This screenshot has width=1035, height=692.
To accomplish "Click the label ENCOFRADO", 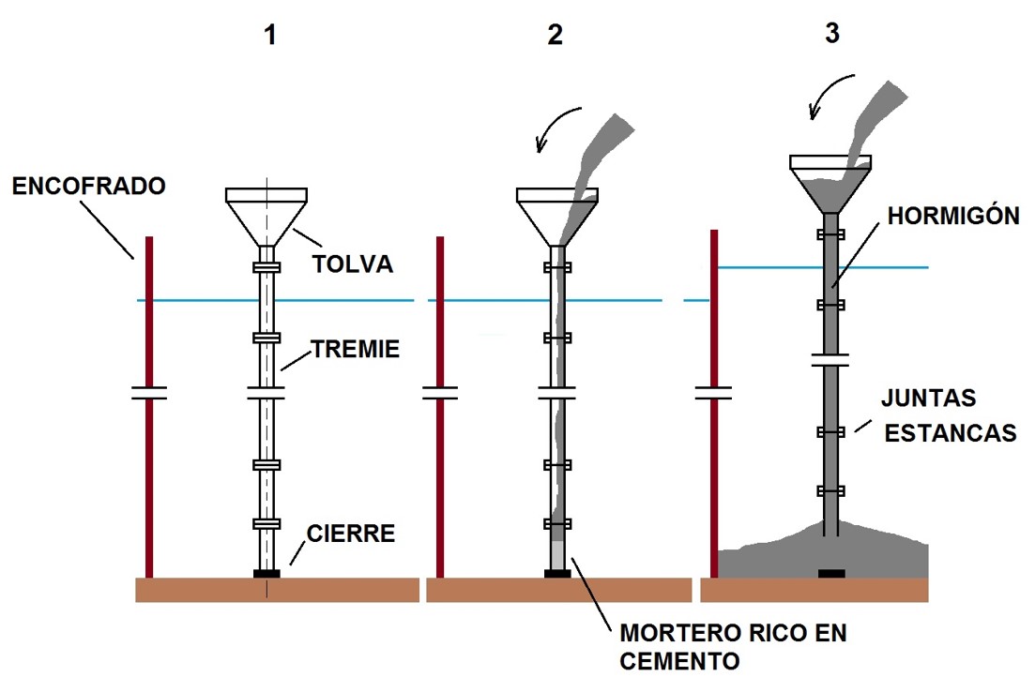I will [88, 187].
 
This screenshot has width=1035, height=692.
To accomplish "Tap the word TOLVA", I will [352, 265].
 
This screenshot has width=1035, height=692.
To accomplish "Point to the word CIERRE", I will [350, 534].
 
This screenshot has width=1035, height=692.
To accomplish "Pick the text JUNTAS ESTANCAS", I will [949, 415].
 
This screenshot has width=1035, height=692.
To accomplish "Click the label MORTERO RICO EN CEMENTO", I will [733, 647].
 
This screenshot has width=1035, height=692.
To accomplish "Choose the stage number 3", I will [831, 34].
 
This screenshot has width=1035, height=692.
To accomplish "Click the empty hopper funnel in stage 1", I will [266, 214].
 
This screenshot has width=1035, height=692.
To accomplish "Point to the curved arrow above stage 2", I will [558, 127].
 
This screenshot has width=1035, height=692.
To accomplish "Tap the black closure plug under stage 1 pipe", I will [266, 573].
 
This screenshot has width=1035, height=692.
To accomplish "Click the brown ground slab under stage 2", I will [557, 590].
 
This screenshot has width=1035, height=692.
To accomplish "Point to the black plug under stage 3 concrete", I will [831, 573].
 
